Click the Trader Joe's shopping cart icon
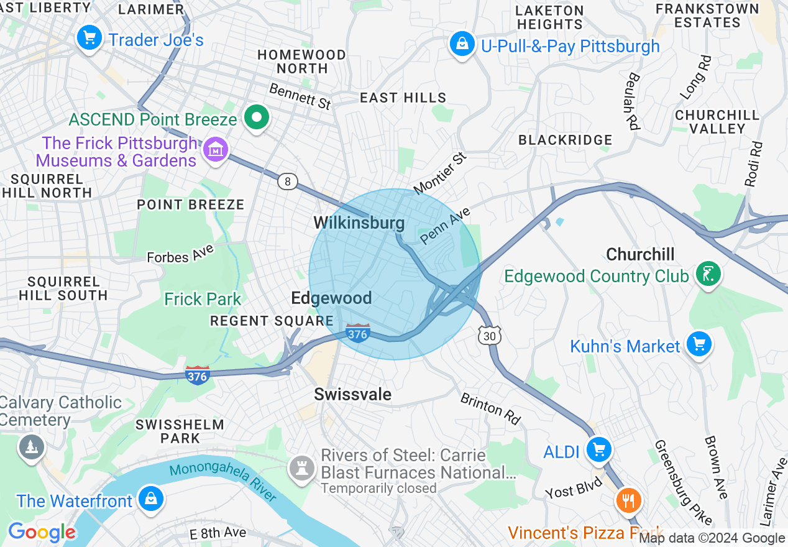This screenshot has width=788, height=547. tap(89, 39)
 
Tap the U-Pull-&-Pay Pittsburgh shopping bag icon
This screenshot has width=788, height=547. tap(462, 45)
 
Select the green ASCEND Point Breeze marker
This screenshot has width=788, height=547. tap(255, 117)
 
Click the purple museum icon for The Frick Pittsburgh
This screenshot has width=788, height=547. tap(216, 149)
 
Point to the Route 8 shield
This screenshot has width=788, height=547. tap(287, 182)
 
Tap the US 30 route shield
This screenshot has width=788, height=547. tap(489, 336)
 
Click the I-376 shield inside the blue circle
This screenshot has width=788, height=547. tap(357, 333)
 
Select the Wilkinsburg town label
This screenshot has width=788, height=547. tap(359, 223)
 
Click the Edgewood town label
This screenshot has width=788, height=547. tap(331, 298)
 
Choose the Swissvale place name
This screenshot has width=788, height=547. tap(352, 394)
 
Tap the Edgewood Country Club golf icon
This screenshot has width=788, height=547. tap(707, 273)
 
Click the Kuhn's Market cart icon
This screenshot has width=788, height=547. tap(699, 344)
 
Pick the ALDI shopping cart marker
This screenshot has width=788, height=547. tap(598, 449)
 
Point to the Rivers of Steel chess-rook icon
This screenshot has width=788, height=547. tap(303, 467)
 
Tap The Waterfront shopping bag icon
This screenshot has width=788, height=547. tap(150, 499)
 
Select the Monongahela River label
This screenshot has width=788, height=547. tap(224, 482)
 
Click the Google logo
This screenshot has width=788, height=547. tap(42, 532)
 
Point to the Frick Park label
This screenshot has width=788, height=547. tap(202, 299)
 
